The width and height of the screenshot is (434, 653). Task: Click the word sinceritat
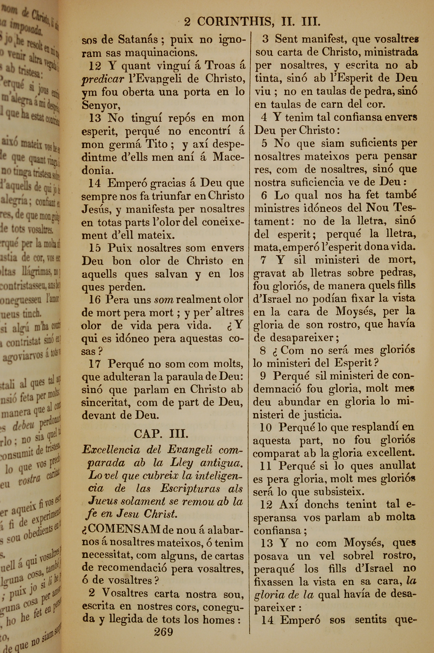(105, 402)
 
